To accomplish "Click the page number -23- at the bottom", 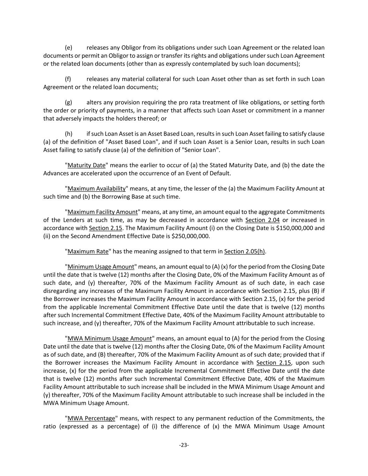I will click(x=184, y=445).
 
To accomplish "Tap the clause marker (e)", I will click(x=68, y=48).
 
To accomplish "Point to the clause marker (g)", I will click(x=68, y=103).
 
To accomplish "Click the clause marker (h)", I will click(x=68, y=134).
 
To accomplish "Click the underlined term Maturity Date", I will click(x=86, y=165).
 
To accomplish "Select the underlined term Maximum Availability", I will click(x=96, y=189).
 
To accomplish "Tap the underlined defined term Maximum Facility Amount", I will click(x=103, y=212).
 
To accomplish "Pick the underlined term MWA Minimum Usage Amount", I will click(x=110, y=339).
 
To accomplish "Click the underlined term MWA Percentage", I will click(x=91, y=418).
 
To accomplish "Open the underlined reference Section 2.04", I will click(x=262, y=220).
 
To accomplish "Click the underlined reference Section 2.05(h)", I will click(x=245, y=251).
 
